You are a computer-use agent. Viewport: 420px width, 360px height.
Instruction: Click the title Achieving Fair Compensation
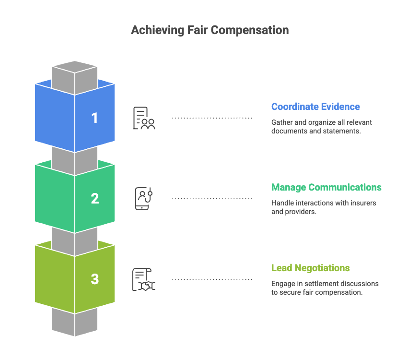tap(210, 30)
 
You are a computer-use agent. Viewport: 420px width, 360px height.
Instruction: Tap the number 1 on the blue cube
tap(94, 118)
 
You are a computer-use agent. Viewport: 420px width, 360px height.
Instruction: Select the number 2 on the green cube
tap(94, 198)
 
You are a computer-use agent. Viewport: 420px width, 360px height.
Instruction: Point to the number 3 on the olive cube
tap(94, 279)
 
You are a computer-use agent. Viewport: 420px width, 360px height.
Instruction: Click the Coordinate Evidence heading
tap(315, 107)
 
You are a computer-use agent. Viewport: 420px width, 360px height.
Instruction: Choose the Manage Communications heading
tap(326, 187)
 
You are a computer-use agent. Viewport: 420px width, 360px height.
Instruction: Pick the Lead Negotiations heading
tap(310, 268)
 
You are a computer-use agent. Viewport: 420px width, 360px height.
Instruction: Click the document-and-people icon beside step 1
tap(144, 118)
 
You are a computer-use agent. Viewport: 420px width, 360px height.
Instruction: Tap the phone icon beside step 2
tap(143, 199)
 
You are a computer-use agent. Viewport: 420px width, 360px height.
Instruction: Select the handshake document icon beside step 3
tap(144, 279)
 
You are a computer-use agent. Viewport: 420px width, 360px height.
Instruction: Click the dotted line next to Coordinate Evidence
tap(212, 118)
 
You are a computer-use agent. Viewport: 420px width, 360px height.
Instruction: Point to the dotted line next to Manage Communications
tap(212, 198)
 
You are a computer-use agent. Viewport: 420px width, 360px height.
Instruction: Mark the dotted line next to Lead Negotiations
tap(212, 279)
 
